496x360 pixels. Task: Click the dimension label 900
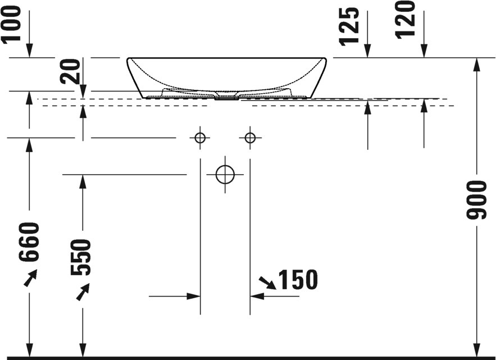click(476, 200)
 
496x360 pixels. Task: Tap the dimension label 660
click(29, 242)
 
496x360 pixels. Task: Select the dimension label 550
click(81, 257)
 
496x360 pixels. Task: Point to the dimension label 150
click(298, 280)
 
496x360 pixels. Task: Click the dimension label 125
click(349, 26)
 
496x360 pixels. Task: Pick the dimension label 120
click(405, 20)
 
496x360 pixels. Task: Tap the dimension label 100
click(11, 24)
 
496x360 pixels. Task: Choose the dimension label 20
click(71, 71)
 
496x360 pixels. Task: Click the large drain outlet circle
click(225, 175)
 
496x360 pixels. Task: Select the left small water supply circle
click(200, 138)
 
